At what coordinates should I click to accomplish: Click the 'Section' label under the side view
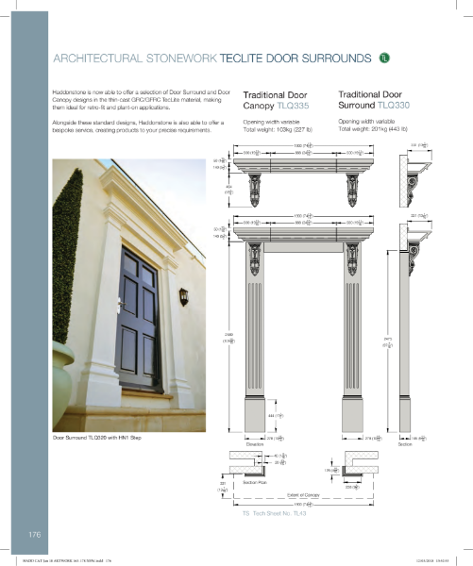[x=405, y=442]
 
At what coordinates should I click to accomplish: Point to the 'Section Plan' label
[x=258, y=481]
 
